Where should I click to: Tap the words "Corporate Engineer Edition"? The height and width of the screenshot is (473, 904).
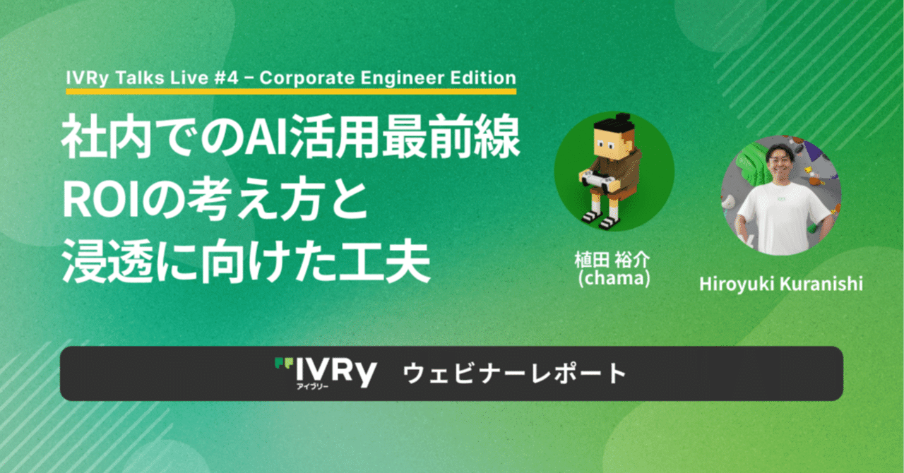388,78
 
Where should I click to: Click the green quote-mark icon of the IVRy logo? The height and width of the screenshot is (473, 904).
283,364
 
